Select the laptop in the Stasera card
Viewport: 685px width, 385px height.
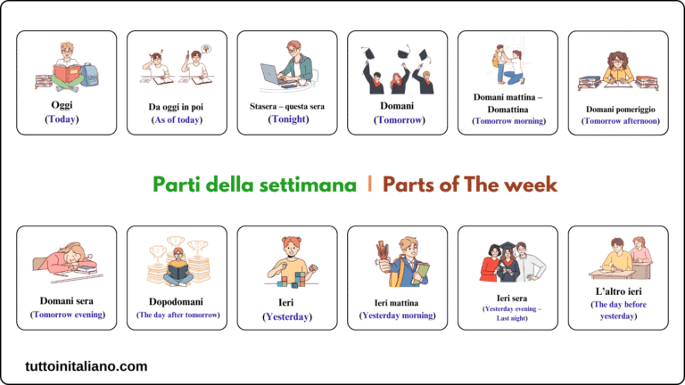pos(273,74)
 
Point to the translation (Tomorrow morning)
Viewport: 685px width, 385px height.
pos(508,120)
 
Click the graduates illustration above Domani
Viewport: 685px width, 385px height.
pos(397,71)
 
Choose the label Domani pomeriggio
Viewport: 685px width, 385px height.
pos(618,107)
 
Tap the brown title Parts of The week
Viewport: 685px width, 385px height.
pos(470,184)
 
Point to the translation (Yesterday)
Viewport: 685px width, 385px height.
pos(287,315)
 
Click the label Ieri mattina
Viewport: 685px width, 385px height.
pos(397,302)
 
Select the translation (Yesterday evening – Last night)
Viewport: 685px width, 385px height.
pos(508,313)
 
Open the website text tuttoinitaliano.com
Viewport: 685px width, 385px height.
pos(87,365)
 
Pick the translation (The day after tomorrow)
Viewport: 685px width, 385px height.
pos(177,315)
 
